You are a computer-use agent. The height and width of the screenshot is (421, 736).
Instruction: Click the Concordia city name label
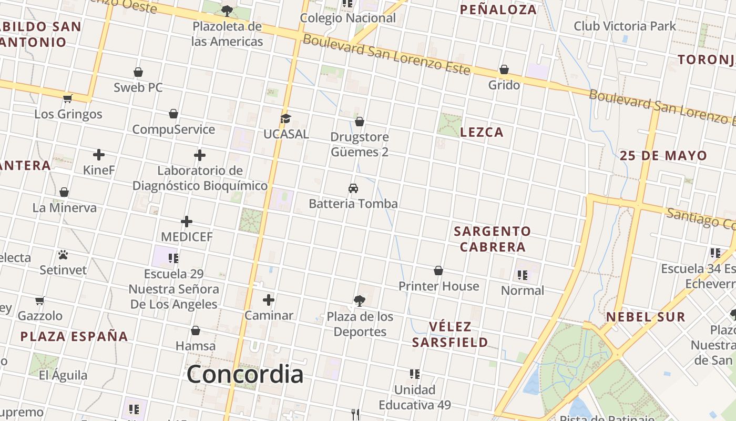pos(245,374)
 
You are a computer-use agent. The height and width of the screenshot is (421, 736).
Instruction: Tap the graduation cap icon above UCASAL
pos(285,118)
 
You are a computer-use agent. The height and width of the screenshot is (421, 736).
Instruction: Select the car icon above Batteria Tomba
pos(353,188)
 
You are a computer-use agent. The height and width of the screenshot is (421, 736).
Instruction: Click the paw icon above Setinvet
pos(63,255)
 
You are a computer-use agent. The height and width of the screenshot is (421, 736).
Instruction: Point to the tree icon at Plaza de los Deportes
pos(360,301)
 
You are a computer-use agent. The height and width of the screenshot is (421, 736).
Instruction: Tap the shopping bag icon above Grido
pos(504,69)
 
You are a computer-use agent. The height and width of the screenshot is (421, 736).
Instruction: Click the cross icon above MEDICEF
pos(187,222)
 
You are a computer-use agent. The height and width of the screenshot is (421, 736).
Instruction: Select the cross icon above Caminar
pos(269,300)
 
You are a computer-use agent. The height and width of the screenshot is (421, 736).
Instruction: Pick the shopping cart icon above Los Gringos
pos(68,98)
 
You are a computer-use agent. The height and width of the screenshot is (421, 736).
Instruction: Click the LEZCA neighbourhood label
pos(482,132)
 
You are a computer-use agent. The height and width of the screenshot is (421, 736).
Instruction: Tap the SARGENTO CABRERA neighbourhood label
pos(492,239)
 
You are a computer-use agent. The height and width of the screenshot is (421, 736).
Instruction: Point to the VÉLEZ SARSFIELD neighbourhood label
pos(449,334)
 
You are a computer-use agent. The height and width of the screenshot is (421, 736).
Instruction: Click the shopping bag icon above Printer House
pos(438,271)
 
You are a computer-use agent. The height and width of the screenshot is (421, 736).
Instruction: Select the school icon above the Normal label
pos(522,275)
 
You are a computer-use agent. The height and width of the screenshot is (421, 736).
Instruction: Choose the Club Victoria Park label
pos(625,26)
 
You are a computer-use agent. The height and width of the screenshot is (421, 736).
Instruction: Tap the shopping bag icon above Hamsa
pos(196,330)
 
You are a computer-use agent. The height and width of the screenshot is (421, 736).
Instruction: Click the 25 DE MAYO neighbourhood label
pos(663,155)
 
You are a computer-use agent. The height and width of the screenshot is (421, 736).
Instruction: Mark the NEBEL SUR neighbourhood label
pos(646,317)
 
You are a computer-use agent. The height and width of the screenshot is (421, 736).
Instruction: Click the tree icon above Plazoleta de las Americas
pos(227,11)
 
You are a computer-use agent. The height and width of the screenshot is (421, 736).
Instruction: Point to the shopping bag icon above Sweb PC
pos(138,72)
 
